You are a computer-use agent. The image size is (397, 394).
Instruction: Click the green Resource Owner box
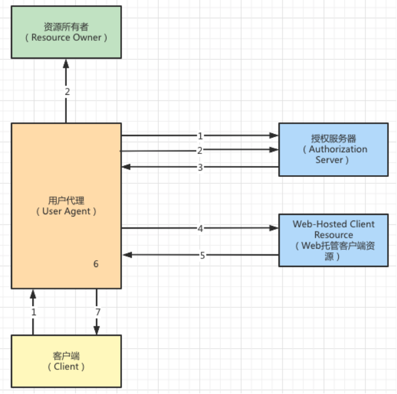tap(66, 32)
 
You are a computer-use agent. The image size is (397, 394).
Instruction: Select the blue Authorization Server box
tap(333, 149)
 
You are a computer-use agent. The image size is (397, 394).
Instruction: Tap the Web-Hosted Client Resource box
tap(333, 240)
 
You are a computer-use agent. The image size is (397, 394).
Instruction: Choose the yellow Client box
tap(66, 361)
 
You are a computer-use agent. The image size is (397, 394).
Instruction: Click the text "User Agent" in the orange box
tap(66, 211)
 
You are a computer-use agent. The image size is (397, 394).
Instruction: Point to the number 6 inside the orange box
tap(96, 264)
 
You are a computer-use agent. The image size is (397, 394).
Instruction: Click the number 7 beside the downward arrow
tap(98, 312)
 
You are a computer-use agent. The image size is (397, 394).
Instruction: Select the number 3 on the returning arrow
tap(200, 167)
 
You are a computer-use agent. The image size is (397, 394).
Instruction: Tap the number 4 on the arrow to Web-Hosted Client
tap(200, 228)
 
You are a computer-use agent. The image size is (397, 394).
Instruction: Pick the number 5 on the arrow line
tap(203, 255)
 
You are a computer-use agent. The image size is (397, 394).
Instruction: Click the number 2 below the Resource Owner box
tap(67, 91)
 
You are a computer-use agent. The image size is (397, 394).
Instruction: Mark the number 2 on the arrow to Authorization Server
tap(200, 150)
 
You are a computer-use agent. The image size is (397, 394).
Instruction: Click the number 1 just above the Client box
tap(33, 312)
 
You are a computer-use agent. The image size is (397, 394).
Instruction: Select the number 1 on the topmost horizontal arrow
tap(200, 136)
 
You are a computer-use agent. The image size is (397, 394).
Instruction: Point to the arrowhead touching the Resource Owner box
tap(66, 63)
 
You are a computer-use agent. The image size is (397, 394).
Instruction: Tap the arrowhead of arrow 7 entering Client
tap(97, 331)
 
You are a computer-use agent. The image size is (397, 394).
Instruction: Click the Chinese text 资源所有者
tap(66, 26)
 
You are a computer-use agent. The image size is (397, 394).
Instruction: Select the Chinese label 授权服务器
tap(333, 138)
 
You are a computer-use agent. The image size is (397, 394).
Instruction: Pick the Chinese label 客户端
tap(66, 355)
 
